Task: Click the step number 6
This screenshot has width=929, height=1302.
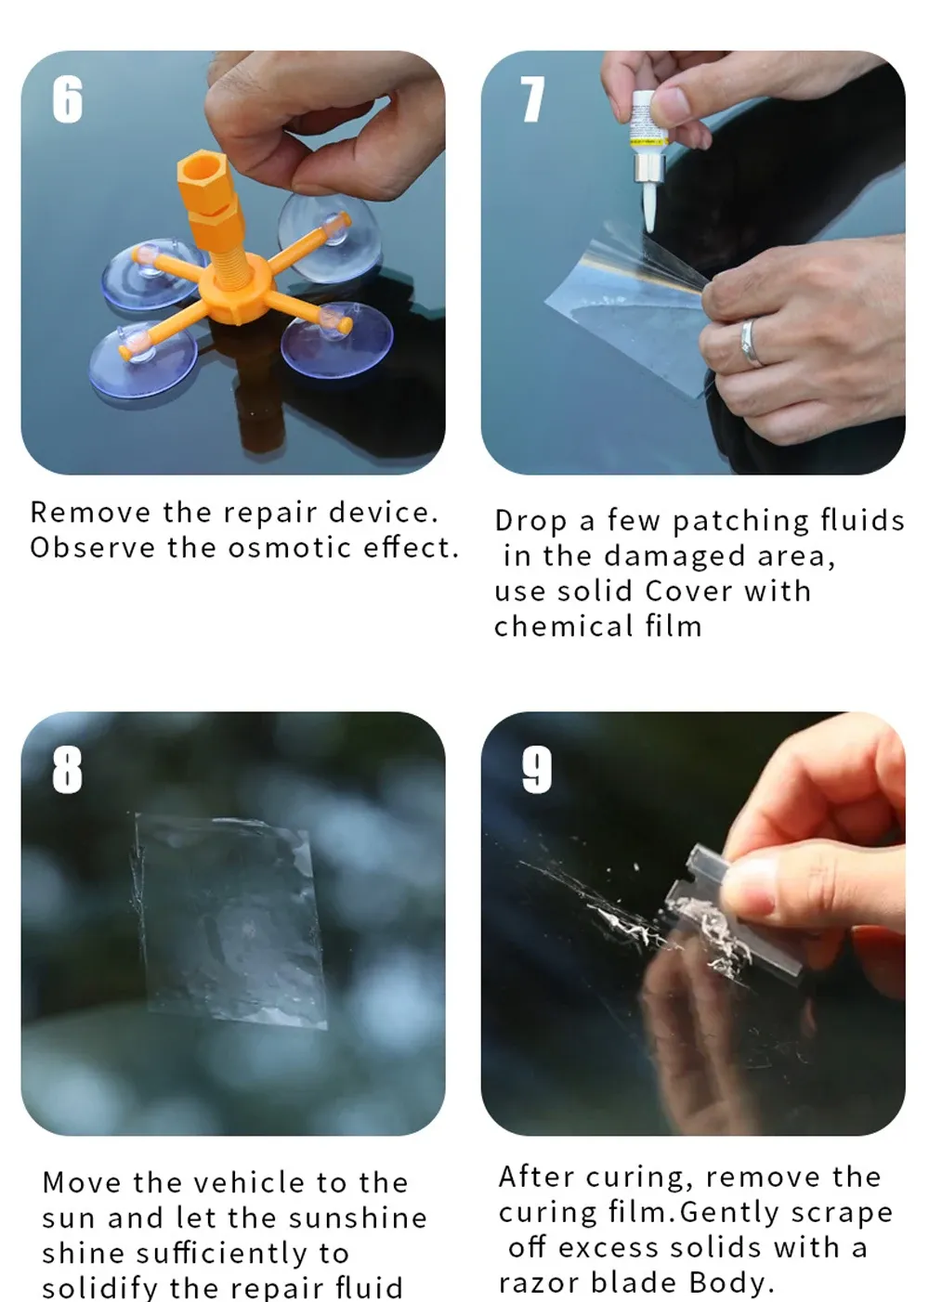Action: click(67, 99)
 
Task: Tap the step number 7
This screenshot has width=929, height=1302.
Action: click(531, 99)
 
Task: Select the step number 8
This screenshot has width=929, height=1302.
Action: click(67, 770)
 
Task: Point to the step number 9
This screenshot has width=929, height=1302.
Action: click(536, 770)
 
